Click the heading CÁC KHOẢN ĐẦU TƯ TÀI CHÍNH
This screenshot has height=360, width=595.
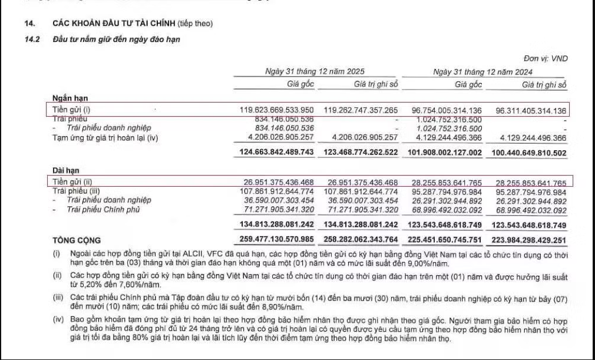pos(114,24)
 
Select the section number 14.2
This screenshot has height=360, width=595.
pos(31,39)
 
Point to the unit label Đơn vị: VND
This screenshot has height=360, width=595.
pos(546,58)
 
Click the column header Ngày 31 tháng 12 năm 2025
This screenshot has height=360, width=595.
pos(315,71)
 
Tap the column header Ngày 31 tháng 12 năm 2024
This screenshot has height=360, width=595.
pos(482,71)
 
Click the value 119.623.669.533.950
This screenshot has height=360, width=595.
pos(276,110)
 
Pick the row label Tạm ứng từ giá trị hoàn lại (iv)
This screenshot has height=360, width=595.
pos(105,138)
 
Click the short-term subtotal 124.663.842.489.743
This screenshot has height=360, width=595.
pos(276,153)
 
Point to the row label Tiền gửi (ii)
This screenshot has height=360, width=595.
pos(72,182)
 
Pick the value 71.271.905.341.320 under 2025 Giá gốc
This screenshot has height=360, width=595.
pos(276,209)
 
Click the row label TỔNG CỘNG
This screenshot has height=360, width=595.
pos(77,240)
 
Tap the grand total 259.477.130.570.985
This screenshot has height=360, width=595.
pos(276,240)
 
